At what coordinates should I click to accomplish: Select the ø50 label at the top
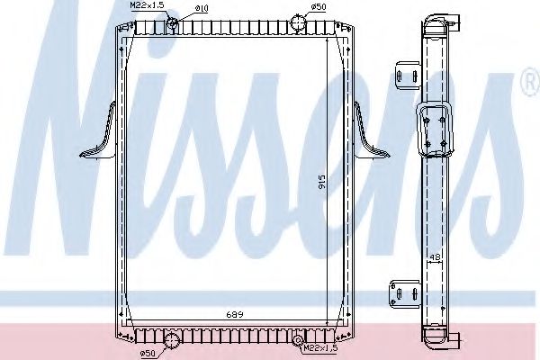(x=318, y=7)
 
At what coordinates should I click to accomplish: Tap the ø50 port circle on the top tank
(x=300, y=22)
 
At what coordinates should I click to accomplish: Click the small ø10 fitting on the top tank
(x=173, y=21)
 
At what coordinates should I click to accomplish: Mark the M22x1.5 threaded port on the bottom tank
(x=298, y=339)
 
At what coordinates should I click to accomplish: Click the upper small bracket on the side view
(x=404, y=72)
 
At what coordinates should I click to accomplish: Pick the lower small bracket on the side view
(x=402, y=293)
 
